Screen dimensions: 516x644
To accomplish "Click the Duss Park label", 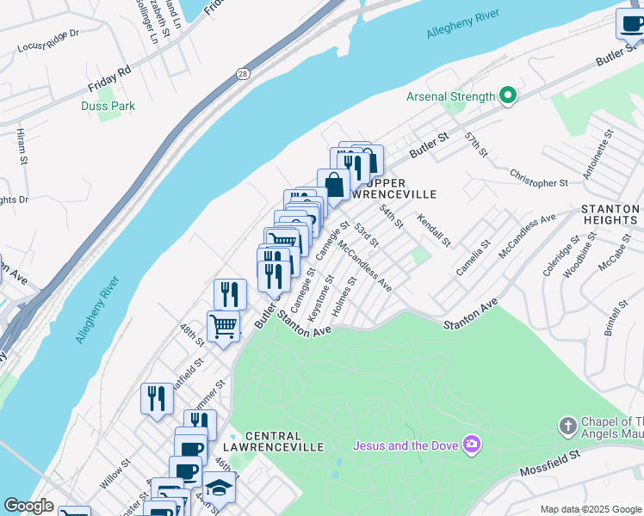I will click(108, 106).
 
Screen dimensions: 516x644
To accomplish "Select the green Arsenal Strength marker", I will click(507, 96).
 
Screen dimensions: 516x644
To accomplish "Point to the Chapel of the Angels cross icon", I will click(567, 426).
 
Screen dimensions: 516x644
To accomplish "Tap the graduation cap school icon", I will click(220, 487).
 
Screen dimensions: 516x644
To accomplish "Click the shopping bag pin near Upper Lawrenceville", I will click(333, 184).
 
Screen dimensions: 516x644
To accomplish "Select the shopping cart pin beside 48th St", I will click(223, 327).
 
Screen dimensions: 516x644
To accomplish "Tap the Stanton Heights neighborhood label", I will click(610, 214).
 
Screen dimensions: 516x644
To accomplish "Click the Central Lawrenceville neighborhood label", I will click(284, 441).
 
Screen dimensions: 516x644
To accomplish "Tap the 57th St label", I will click(476, 144).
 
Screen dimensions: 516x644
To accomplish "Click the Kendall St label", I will click(434, 230).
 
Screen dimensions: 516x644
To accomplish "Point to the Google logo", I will click(28, 506).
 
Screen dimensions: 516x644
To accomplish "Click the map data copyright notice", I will click(590, 509).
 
